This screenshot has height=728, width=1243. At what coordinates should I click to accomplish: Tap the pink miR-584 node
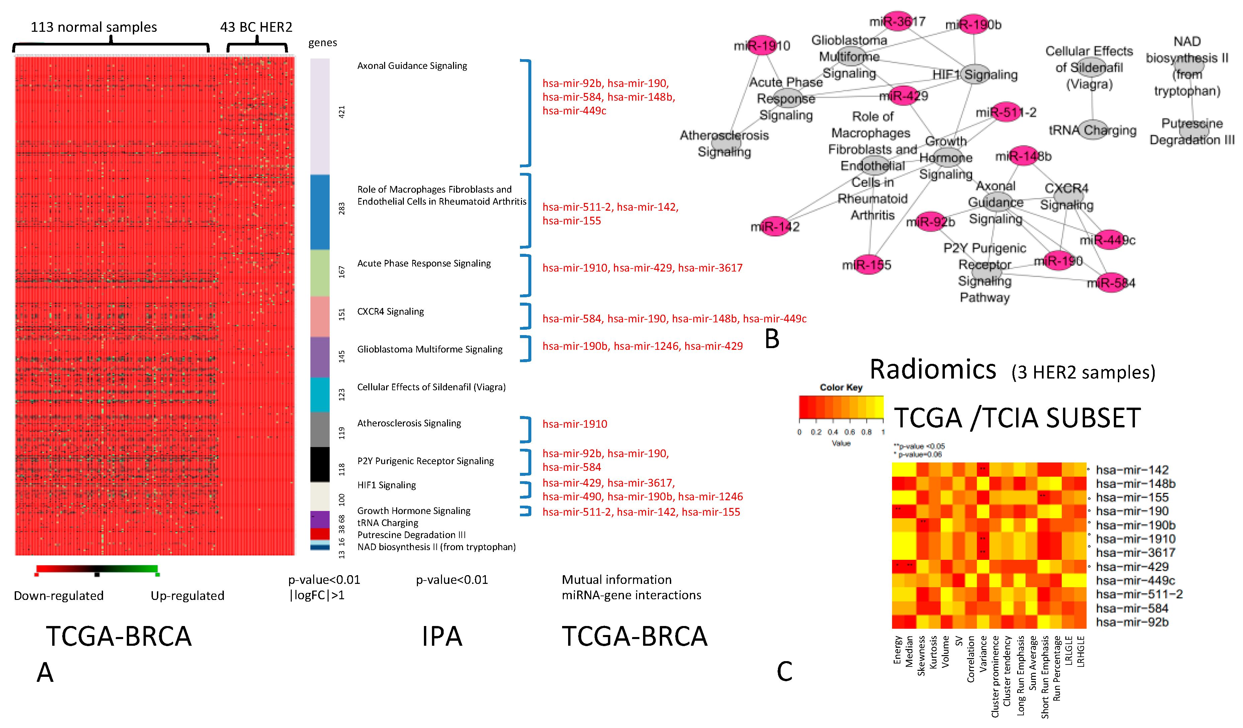click(1111, 283)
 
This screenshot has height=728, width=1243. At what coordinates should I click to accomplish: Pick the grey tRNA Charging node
click(1092, 130)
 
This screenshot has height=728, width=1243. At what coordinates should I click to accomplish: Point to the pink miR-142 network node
click(775, 226)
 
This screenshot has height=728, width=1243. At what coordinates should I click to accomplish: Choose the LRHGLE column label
click(1080, 651)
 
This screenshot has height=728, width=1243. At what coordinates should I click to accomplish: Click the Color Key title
click(841, 388)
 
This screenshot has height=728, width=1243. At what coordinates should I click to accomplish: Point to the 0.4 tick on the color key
click(832, 432)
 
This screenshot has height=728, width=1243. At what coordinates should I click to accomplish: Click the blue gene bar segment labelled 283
click(320, 212)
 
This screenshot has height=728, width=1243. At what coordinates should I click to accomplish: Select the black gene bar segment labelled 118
click(320, 464)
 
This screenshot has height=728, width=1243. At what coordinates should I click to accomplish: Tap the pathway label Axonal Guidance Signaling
click(412, 66)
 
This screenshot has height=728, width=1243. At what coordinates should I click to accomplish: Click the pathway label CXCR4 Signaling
click(390, 312)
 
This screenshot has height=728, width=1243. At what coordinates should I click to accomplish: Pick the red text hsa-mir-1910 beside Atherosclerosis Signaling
click(574, 424)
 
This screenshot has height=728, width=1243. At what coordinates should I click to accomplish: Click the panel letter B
click(772, 339)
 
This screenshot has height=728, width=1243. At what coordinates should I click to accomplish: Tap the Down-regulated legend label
click(59, 596)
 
